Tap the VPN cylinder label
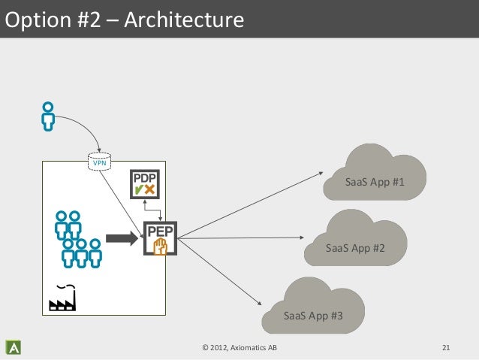coord(98,162)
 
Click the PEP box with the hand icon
coord(159,240)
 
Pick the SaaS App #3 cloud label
coord(314,315)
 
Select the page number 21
coord(446,347)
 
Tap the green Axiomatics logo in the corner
coord(13,347)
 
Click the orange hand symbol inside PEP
coord(160,247)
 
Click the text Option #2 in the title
coord(47,19)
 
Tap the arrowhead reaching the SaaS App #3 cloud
coord(260,303)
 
